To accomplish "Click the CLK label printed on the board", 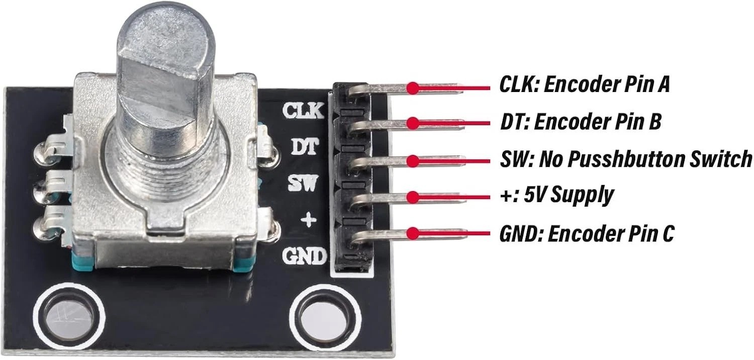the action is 303,111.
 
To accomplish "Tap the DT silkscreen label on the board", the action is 305,146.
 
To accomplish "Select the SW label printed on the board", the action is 303,184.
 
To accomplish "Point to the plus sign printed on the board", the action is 308,220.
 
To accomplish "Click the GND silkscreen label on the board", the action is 305,256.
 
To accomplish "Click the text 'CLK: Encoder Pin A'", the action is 584,84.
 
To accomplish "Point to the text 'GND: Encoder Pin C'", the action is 587,234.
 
